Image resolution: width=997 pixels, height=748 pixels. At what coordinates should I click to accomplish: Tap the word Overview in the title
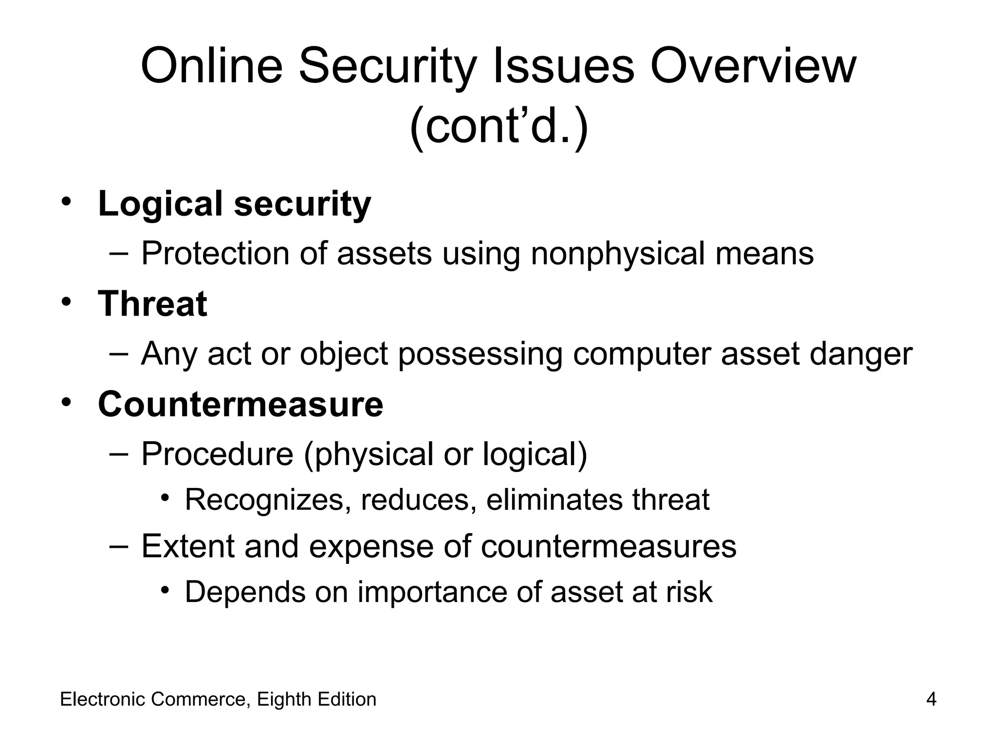point(753,67)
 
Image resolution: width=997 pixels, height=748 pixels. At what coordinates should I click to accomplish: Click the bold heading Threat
point(152,303)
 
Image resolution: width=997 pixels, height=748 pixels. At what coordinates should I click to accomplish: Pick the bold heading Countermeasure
point(240,404)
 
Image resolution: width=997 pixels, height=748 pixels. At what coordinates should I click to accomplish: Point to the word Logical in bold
point(160,204)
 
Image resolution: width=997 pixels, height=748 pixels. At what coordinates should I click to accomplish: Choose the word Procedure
point(217,454)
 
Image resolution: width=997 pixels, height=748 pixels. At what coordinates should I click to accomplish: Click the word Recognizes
point(264,500)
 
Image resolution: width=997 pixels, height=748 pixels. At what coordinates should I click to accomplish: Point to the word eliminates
point(554,500)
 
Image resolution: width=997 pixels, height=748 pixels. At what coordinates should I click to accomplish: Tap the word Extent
point(188,546)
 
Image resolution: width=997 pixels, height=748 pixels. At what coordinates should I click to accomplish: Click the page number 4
point(931,700)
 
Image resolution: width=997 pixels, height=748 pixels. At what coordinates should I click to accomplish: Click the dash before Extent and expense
point(118,545)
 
